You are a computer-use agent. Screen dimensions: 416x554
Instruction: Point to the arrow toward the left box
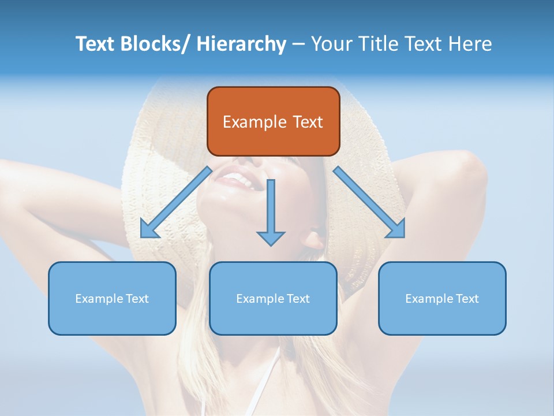(176, 202)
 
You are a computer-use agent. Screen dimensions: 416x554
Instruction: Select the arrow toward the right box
(369, 202)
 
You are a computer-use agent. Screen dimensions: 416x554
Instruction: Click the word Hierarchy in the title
(241, 44)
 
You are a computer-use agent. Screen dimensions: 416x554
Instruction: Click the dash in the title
(298, 44)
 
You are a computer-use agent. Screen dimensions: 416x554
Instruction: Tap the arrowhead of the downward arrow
(271, 237)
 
